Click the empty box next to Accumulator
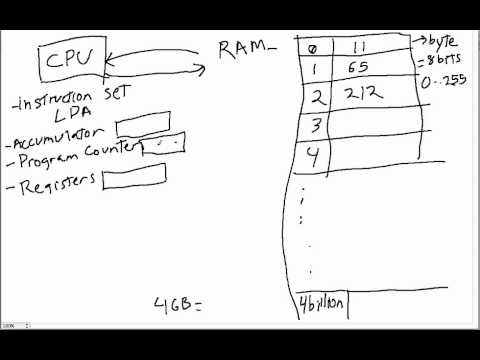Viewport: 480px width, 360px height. [134, 128]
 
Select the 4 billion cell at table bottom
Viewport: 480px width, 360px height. [322, 305]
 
